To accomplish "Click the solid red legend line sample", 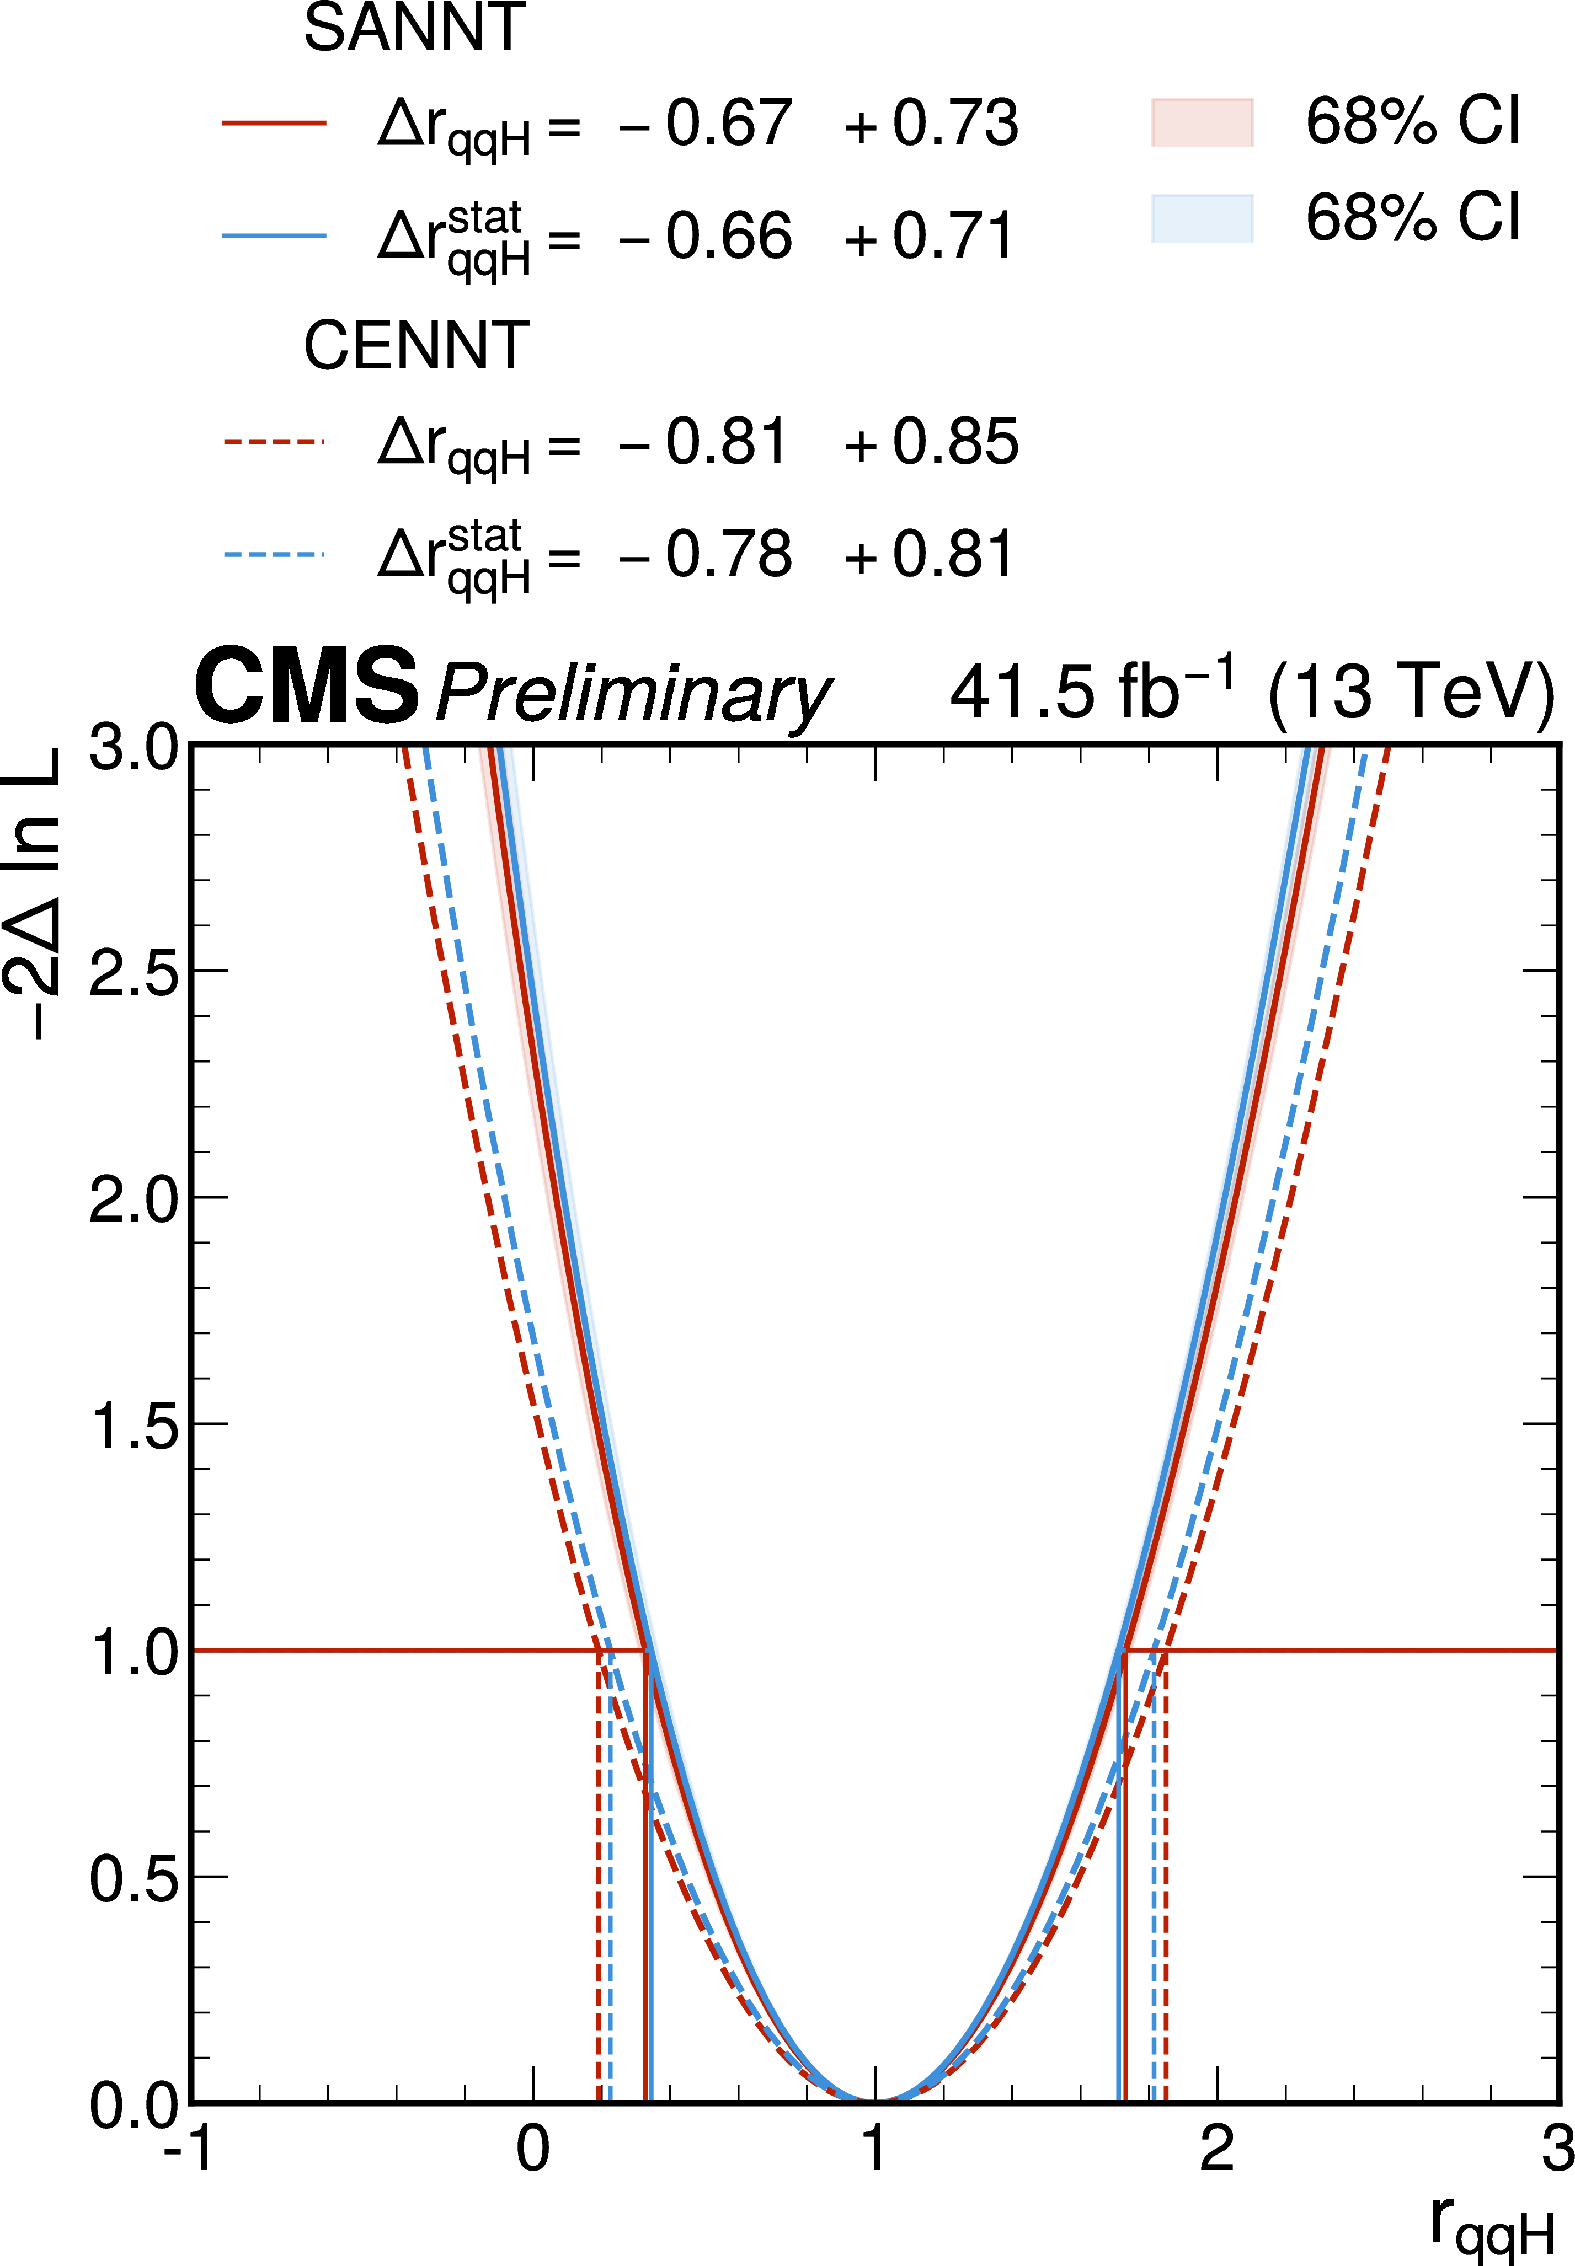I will pyautogui.click(x=274, y=124).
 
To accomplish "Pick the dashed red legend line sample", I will pyautogui.click(x=274, y=441).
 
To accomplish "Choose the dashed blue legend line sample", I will pyautogui.click(x=274, y=554).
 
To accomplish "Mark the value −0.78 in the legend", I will pyautogui.click(x=704, y=555).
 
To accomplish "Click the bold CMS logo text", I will pyautogui.click(x=307, y=687).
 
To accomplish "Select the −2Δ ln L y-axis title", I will pyautogui.click(x=35, y=893).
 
